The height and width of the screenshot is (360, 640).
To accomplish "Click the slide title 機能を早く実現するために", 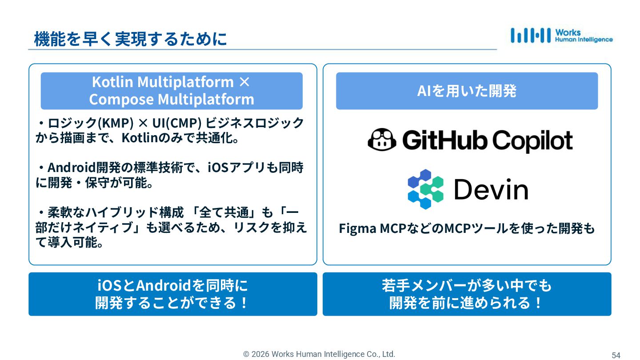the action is click(130, 39).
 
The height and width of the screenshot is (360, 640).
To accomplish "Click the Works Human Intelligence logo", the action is click(561, 36).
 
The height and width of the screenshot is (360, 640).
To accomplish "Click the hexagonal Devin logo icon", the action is click(425, 189).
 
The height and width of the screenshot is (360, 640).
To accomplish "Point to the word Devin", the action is click(491, 189).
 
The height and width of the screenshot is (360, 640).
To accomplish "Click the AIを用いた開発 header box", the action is click(467, 91).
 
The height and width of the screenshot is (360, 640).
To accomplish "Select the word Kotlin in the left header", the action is click(112, 82).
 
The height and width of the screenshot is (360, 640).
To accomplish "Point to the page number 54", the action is click(616, 355).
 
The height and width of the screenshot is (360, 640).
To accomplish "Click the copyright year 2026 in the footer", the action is click(260, 354).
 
